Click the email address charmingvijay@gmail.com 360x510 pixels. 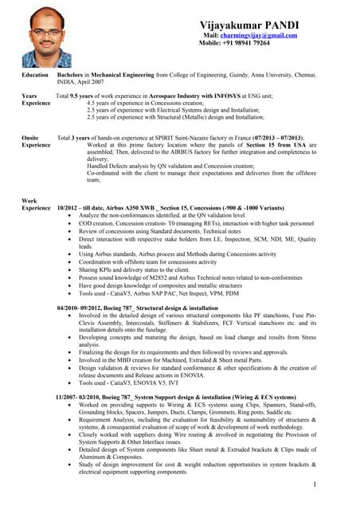click(x=260, y=35)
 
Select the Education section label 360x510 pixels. click(x=35, y=74)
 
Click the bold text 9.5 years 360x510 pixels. click(x=83, y=96)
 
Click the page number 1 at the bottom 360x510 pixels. click(x=315, y=484)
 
